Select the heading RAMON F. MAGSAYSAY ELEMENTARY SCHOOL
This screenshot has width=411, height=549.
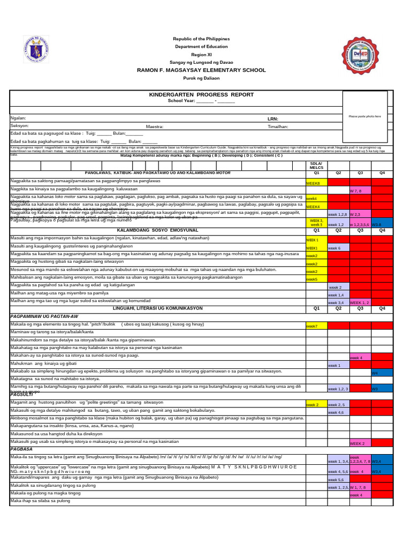pyautogui.click(x=201, y=70)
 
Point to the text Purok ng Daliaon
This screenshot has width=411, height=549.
pyautogui.click(x=201, y=79)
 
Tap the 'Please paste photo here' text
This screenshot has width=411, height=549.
pyautogui.click(x=364, y=116)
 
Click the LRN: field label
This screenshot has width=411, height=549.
pyautogui.click(x=273, y=118)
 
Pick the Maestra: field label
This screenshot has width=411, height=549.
pyautogui.click(x=155, y=127)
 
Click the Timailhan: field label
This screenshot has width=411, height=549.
pyautogui.click(x=278, y=127)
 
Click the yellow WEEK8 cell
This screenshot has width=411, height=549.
pyautogui.click(x=313, y=183)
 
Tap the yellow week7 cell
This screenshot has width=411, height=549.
pyautogui.click(x=312, y=326)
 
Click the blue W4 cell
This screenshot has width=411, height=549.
pyautogui.click(x=375, y=372)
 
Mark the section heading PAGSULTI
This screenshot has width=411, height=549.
pyautogui.click(x=22, y=394)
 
